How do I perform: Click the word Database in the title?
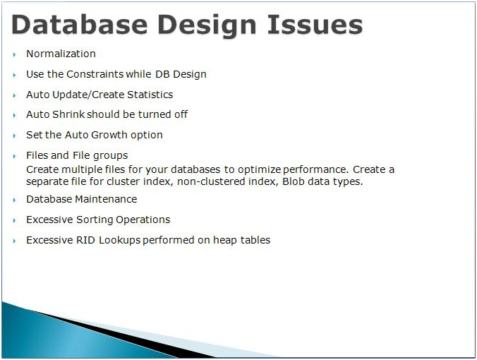[80, 24]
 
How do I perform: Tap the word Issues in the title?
[315, 24]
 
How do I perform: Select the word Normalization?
[61, 54]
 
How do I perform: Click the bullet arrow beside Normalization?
[14, 55]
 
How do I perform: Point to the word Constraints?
[95, 74]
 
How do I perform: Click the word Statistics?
[150, 95]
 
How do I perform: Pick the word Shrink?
[68, 114]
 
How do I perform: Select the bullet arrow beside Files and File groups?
[14, 157]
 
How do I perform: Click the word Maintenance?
[106, 199]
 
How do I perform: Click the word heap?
[225, 241]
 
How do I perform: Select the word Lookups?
[119, 241]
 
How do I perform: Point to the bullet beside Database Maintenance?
[14, 200]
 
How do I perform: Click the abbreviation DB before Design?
[162, 74]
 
